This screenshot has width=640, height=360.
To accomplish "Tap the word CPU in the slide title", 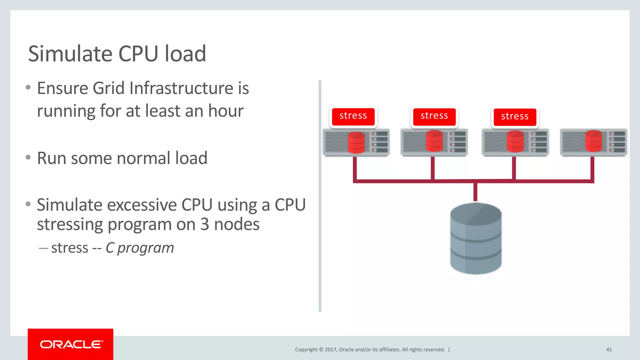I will [x=138, y=54].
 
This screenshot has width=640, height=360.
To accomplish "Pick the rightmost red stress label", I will [x=515, y=117].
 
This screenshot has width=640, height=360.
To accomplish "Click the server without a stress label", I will [x=593, y=142].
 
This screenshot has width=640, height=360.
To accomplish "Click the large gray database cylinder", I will [x=476, y=239].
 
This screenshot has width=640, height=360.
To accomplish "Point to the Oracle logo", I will [x=71, y=344].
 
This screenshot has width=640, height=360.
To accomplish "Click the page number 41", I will [x=609, y=350].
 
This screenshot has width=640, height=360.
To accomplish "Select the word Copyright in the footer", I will [x=306, y=350].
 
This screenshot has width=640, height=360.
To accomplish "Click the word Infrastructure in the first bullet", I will [x=181, y=88].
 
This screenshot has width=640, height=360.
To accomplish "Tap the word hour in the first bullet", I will [x=226, y=111].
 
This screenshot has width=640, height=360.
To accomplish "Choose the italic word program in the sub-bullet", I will [x=145, y=248].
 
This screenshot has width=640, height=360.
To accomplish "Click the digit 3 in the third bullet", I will [x=205, y=224].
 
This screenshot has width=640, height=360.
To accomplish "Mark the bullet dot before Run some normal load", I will [x=28, y=157].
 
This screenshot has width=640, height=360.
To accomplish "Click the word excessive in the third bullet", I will [x=142, y=205].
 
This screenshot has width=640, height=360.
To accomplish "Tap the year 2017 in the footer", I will [x=331, y=350].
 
